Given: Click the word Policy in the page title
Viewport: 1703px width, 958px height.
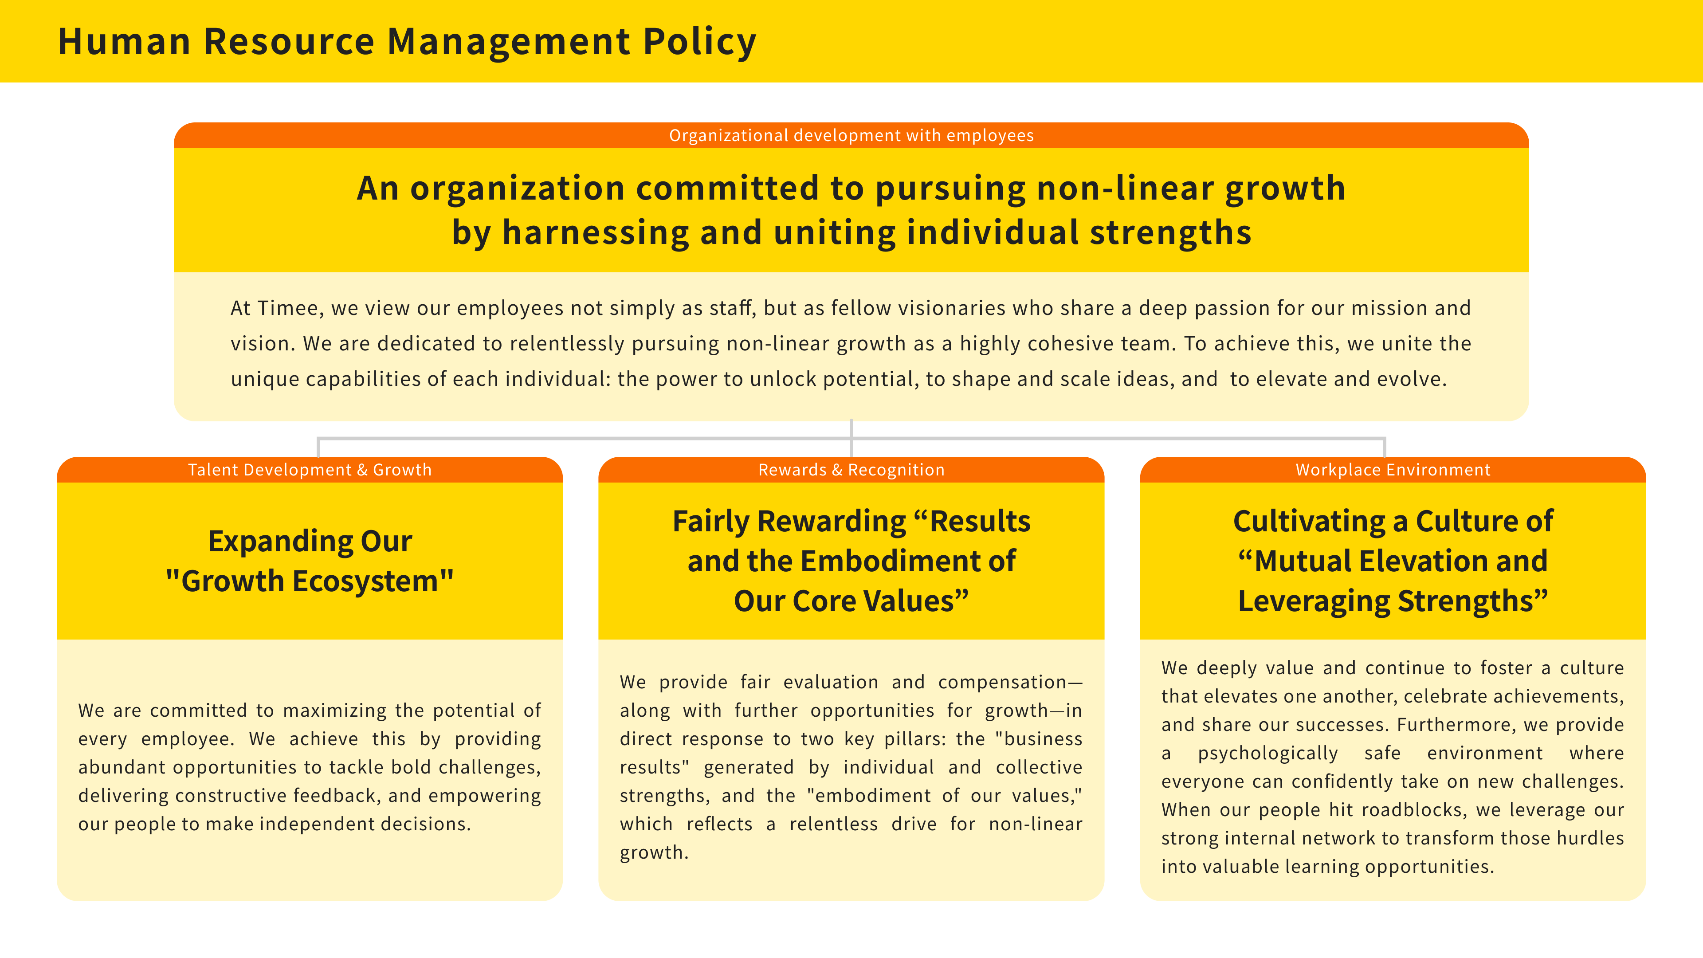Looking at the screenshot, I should (x=699, y=42).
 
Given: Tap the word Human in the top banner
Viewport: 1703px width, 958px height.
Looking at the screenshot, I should (x=124, y=42).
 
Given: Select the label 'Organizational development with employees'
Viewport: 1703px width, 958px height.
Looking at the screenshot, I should (x=851, y=136).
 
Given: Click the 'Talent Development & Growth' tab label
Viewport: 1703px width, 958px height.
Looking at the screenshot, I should (x=310, y=470).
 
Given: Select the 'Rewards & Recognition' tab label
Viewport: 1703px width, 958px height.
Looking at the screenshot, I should (x=851, y=470).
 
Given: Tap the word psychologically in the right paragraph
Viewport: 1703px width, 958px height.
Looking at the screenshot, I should (x=1267, y=754).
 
